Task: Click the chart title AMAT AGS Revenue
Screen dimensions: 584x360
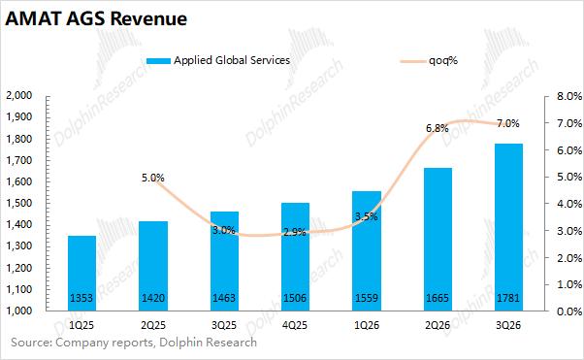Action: [x=96, y=18]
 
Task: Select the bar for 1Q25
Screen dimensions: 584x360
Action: [x=81, y=274]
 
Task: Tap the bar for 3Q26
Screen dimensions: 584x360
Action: [x=508, y=227]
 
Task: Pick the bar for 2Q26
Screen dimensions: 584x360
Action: [x=438, y=240]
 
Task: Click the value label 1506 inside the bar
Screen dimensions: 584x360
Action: [x=295, y=298]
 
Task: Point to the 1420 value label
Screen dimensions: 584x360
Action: [x=153, y=298]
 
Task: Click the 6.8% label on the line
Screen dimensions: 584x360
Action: [x=438, y=128]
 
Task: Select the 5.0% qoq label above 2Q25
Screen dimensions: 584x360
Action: [x=152, y=178]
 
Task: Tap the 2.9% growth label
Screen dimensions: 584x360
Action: [x=295, y=232]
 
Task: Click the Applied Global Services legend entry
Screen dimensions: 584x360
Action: [x=218, y=60]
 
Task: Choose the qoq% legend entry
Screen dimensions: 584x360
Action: [x=429, y=60]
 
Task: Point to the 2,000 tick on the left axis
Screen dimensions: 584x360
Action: [x=19, y=95]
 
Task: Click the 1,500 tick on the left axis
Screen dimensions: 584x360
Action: [x=19, y=203]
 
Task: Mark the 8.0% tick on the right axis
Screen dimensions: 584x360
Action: [x=569, y=96]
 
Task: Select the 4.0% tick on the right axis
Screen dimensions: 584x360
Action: [x=569, y=204]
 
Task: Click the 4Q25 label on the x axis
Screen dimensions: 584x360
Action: [x=295, y=325]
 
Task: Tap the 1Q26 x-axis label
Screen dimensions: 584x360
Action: [x=367, y=325]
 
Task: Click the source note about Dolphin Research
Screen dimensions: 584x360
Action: [x=134, y=343]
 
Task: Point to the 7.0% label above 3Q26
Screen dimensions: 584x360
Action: [x=508, y=123]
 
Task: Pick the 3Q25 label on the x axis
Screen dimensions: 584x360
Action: [x=224, y=325]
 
